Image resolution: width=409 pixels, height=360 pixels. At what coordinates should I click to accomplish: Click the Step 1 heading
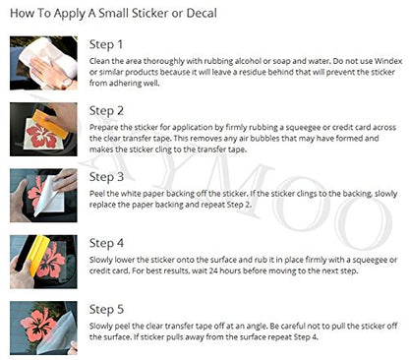[106, 44]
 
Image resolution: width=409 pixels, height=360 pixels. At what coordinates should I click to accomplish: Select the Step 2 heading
[106, 111]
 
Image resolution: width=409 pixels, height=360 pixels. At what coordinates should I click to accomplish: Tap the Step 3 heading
[106, 177]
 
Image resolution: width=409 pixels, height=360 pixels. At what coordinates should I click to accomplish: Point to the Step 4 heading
[106, 243]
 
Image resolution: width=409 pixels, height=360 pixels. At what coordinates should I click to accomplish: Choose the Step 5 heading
[106, 310]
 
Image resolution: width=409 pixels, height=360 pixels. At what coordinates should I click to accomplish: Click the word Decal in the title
[202, 14]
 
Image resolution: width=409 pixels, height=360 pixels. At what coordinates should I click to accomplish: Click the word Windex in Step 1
[388, 61]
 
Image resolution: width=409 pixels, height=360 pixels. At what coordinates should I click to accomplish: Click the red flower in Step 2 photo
[41, 136]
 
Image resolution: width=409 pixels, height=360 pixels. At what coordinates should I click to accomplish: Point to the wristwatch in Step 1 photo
[67, 83]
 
